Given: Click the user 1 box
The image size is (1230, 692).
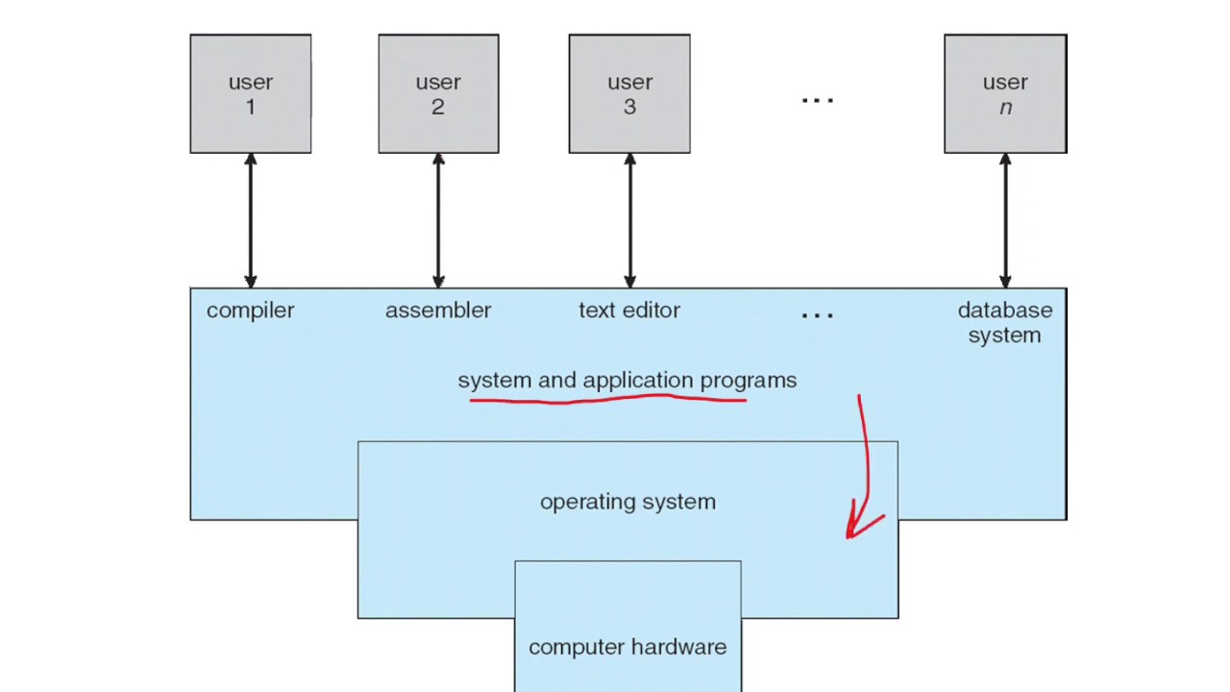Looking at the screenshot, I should tap(250, 94).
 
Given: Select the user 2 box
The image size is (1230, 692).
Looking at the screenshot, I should tap(438, 94).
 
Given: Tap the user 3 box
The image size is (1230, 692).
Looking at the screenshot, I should tap(629, 94).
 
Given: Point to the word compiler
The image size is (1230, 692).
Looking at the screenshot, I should tap(250, 310).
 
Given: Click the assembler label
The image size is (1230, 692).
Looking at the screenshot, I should tap(438, 310).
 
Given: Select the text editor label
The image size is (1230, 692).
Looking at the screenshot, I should tap(629, 310).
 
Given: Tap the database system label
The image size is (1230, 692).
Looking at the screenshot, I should tap(1004, 323).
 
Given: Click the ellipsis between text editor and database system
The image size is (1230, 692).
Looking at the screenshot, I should tap(817, 315).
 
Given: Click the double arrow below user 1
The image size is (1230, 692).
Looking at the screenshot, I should tap(251, 221).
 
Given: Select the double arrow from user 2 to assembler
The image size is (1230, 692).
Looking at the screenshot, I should tap(438, 221).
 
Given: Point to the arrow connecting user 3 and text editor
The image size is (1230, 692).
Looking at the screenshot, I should tap(629, 221).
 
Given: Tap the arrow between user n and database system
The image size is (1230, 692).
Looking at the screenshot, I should tap(1005, 221).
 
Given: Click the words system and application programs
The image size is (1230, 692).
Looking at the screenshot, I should tap(627, 381).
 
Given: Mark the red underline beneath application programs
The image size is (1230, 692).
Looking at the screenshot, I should tap(608, 400).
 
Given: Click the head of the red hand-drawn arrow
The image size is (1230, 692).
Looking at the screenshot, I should tap(850, 532).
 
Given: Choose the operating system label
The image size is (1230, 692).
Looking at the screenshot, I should tap(627, 502).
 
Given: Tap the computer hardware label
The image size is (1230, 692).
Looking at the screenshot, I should tap(627, 647).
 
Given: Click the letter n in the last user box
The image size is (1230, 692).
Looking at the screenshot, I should tap(1005, 108).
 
